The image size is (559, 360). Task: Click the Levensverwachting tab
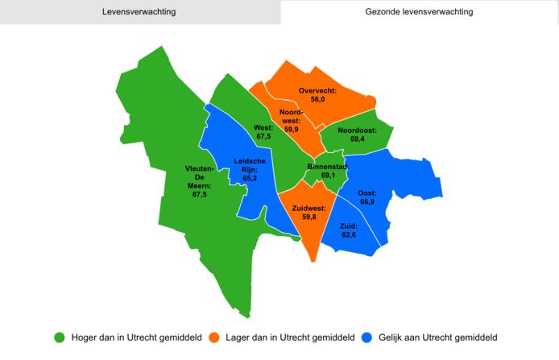point(139,12)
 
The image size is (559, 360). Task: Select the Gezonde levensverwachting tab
point(419,12)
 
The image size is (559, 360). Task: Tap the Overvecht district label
point(317,90)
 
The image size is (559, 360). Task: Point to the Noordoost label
point(358,130)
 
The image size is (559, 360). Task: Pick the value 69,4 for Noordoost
point(358,140)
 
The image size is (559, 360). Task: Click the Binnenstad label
point(328,167)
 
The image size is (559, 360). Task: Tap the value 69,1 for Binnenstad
point(328,176)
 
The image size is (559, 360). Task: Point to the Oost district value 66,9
point(367,203)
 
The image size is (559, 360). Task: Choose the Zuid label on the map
point(349,226)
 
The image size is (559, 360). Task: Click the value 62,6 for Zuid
point(349,235)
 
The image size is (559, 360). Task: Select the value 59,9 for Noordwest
point(292,130)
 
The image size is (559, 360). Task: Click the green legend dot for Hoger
point(59,337)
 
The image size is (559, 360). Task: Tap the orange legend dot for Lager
point(214,337)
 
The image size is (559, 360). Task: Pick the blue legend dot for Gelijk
point(368,337)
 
